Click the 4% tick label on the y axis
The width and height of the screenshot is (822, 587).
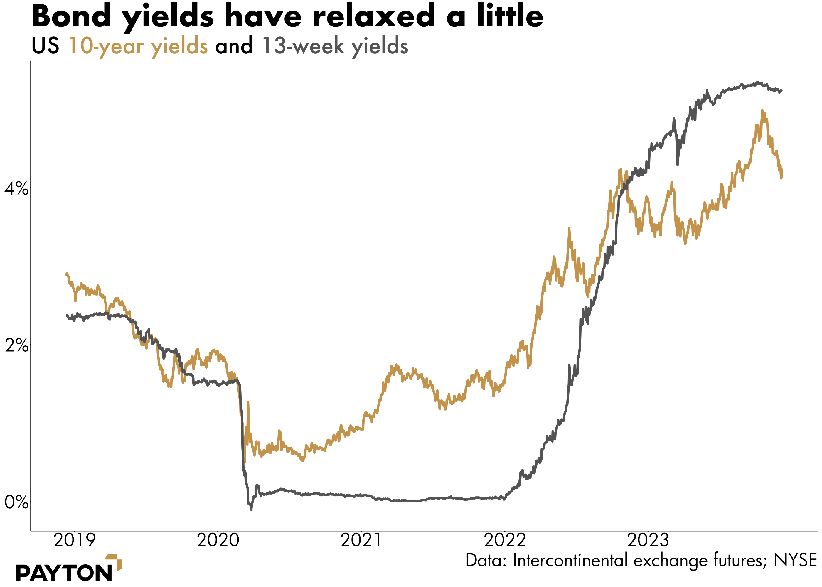pos(16,189)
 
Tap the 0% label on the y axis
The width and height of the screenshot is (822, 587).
pos(16,503)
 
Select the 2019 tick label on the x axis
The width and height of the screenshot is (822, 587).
pos(75,540)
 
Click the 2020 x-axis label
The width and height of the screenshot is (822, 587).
pos(218,540)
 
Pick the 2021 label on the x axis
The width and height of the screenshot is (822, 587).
pos(361,540)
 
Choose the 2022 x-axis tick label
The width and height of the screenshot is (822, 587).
pos(504,540)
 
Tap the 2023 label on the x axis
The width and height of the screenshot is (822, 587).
pos(648,540)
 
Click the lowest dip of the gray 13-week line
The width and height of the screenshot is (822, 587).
pos(251,509)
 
